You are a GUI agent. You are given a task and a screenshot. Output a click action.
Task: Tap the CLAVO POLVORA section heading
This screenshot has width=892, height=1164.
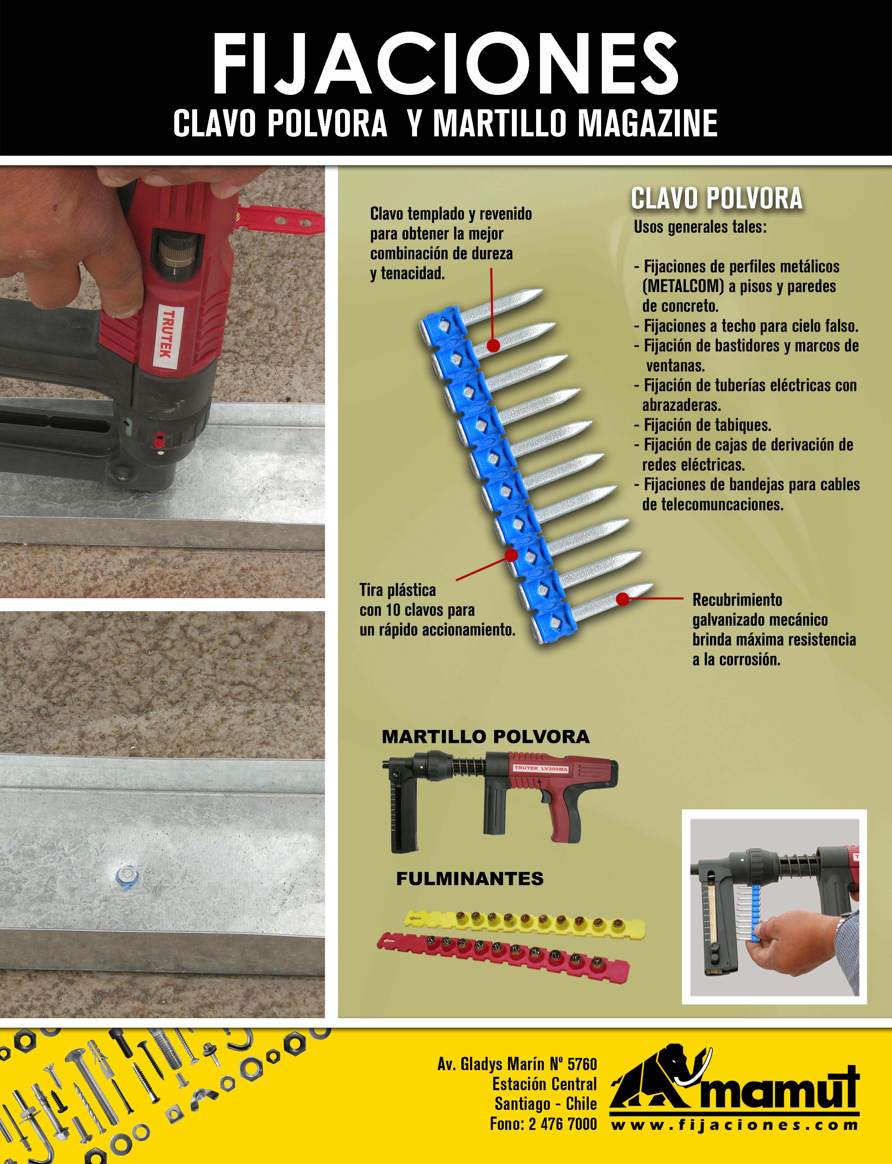(717, 199)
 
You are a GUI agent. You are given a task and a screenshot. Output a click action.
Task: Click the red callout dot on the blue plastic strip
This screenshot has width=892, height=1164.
(511, 555)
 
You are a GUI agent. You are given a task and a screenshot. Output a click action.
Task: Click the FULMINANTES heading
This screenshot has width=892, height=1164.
(470, 878)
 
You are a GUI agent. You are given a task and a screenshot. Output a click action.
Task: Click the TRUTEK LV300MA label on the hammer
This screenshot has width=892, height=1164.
(541, 768)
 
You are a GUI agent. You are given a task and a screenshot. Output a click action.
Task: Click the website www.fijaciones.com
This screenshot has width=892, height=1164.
(734, 1125)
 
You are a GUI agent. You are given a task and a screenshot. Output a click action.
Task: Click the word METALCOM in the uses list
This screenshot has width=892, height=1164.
(683, 286)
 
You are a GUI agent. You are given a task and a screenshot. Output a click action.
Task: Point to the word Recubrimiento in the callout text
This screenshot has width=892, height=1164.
(737, 600)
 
